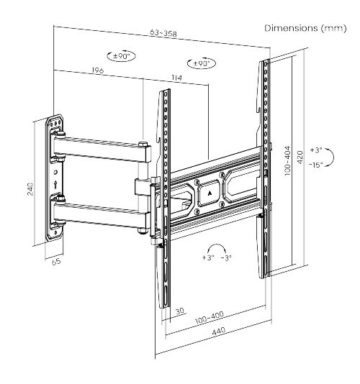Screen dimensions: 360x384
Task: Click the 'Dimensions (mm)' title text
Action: coord(305,28)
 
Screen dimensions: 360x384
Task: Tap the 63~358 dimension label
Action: coord(163,33)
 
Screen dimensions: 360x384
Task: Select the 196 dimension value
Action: coord(98,70)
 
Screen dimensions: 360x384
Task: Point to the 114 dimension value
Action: coord(176,78)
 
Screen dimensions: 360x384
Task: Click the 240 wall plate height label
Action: coord(30,188)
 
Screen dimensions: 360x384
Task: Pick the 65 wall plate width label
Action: coord(56,261)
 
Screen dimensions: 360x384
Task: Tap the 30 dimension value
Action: coord(180,311)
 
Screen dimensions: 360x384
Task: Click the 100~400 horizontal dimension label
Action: coord(210,318)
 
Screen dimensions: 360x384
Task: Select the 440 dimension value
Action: coord(218,331)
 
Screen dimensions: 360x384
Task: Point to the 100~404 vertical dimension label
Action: coord(287,160)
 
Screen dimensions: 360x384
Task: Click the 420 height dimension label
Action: coord(300,157)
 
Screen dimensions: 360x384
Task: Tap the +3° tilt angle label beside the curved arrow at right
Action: coord(316,150)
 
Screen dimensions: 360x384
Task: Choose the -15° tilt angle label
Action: coord(316,165)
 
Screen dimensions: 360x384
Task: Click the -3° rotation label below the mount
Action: coord(226,257)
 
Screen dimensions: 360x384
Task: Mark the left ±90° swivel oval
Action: coord(122,56)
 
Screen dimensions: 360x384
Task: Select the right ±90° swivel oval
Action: coord(202,64)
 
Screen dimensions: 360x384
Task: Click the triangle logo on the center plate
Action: coord(210,193)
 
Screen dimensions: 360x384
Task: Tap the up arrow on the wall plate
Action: coord(55,184)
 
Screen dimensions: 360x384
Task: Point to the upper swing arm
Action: coord(102,150)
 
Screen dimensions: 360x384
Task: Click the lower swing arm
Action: coord(102,216)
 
